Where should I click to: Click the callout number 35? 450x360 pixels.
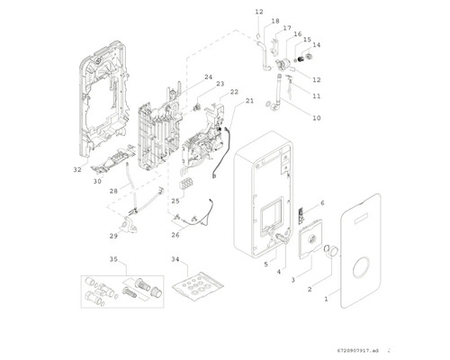pos(113,259)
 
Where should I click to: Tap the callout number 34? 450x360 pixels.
pos(175,259)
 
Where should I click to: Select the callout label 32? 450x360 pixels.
pos(77,169)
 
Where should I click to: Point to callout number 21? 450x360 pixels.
pos(249,101)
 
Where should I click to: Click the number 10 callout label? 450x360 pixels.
pos(317,118)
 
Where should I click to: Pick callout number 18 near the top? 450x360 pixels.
pos(275,21)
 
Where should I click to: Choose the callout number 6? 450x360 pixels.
pos(322,203)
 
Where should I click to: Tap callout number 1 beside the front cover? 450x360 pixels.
pos(327,299)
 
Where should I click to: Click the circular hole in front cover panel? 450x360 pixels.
pos(354,268)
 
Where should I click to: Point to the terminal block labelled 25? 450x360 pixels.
pos(186,184)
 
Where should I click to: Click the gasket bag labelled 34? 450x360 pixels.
pos(198,283)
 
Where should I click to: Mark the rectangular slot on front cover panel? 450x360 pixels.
pos(364,220)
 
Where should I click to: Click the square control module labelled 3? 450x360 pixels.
pos(310,238)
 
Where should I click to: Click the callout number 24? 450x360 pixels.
pos(209,77)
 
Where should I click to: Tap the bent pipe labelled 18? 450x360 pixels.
pos(265,57)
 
